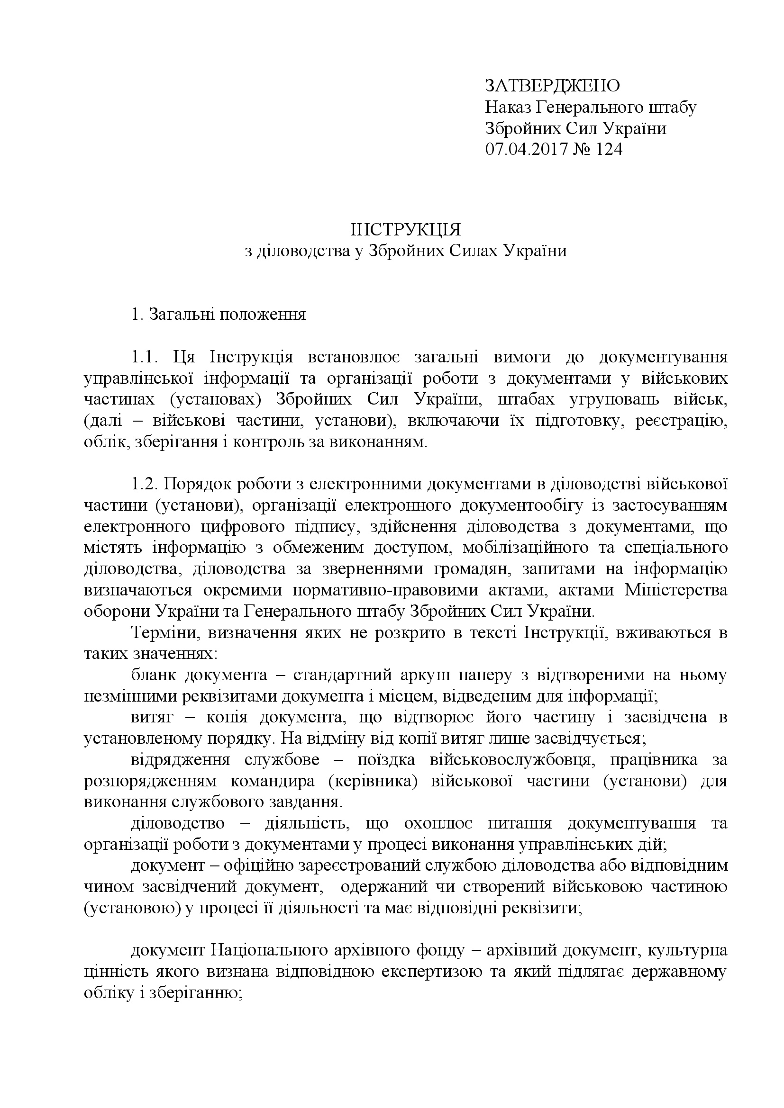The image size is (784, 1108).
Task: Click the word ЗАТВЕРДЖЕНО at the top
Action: coord(552,85)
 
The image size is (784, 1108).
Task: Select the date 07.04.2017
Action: coord(525,150)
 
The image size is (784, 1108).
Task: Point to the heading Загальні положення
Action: coord(228,315)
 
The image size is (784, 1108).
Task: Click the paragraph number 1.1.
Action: coord(145,358)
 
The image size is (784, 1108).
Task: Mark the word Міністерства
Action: coord(675,590)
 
